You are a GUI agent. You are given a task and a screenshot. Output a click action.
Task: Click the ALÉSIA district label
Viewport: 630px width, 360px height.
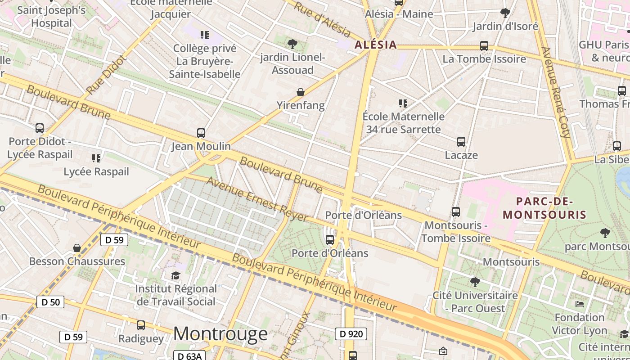click(376, 45)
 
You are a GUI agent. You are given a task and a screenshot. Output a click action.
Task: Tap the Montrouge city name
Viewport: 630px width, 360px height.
click(220, 334)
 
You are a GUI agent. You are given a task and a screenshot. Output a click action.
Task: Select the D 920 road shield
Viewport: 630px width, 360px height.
click(351, 334)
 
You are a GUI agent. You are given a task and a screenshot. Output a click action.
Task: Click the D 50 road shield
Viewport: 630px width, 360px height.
click(50, 302)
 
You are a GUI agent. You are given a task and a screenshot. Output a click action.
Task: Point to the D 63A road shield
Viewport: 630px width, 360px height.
click(189, 356)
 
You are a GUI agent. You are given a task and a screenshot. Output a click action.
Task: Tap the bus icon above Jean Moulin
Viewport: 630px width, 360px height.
click(201, 133)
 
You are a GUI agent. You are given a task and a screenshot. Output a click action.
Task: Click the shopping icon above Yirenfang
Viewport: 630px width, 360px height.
click(300, 93)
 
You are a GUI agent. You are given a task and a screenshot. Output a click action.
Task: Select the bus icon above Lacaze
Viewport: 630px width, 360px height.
click(461, 142)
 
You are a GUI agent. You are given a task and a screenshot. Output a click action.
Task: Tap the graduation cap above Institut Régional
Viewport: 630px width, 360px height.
click(175, 275)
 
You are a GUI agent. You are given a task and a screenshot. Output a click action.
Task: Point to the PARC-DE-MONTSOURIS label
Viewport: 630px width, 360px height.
click(551, 208)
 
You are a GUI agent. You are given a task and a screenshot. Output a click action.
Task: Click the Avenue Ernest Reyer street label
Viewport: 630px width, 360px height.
click(257, 199)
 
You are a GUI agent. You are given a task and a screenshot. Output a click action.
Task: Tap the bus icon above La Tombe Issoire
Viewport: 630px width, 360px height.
click(484, 46)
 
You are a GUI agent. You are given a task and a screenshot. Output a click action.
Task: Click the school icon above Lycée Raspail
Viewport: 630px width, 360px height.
click(96, 158)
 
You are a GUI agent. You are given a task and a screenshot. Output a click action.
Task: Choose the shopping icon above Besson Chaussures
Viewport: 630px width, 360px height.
click(77, 248)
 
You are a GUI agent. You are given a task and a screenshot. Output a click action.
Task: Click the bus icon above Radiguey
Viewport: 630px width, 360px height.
click(141, 325)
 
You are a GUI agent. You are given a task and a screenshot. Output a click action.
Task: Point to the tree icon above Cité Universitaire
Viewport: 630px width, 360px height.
click(475, 282)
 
